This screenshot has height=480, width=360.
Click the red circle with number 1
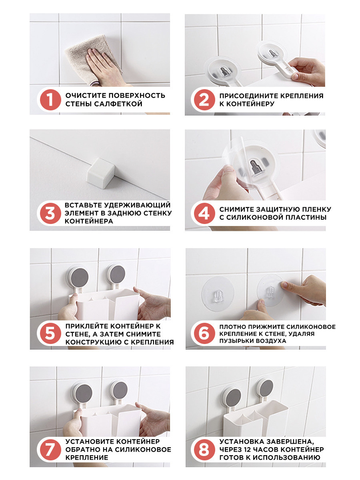tap(50, 100)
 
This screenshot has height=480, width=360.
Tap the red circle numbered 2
tap(204, 100)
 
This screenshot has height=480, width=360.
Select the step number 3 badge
tap(50, 213)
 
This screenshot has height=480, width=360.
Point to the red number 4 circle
tap(204, 213)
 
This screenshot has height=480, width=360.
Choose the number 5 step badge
tap(50, 334)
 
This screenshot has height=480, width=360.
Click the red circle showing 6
tap(204, 334)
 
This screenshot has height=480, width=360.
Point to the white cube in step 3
tap(100, 173)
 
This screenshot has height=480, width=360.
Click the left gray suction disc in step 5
tap(80, 278)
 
